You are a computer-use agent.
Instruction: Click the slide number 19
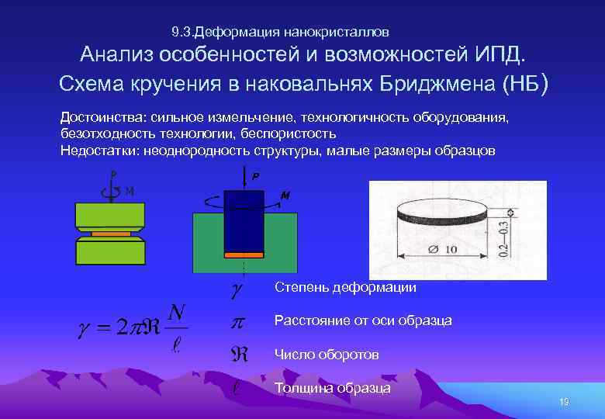click(564, 401)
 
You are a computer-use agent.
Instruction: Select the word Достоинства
click(98, 117)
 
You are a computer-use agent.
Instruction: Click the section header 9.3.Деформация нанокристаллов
click(280, 33)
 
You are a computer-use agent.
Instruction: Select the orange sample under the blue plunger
click(244, 254)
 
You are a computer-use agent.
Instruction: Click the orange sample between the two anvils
click(110, 233)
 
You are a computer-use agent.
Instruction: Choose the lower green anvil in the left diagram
click(110, 251)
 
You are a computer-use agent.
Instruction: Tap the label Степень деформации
click(345, 288)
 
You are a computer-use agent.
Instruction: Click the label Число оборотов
click(327, 355)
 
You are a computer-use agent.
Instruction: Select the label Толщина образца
click(333, 388)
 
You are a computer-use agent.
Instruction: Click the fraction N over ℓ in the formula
click(177, 327)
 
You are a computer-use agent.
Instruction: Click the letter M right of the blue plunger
click(285, 196)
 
